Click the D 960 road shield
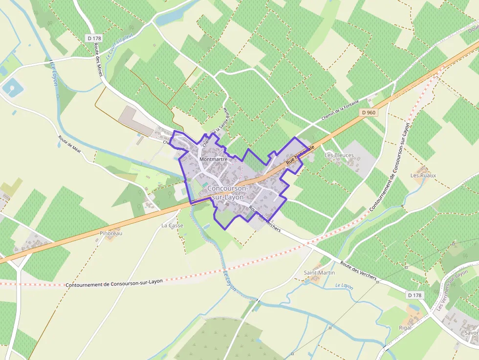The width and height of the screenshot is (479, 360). coord(369,112)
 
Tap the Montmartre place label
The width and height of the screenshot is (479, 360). coord(214,159)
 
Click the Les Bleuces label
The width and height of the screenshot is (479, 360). coord(339,155)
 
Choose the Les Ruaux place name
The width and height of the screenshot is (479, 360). coord(423,175)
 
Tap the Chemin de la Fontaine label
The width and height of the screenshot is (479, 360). coord(341,111)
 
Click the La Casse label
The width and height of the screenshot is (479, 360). coord(172,226)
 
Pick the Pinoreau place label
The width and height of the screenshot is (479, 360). coord(111,233)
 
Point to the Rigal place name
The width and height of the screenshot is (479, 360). coord(405,328)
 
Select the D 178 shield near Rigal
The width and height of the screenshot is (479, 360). coord(414,295)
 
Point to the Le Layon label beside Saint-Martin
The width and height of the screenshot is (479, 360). coord(344,285)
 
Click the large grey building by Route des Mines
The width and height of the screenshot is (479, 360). coord(136,120)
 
